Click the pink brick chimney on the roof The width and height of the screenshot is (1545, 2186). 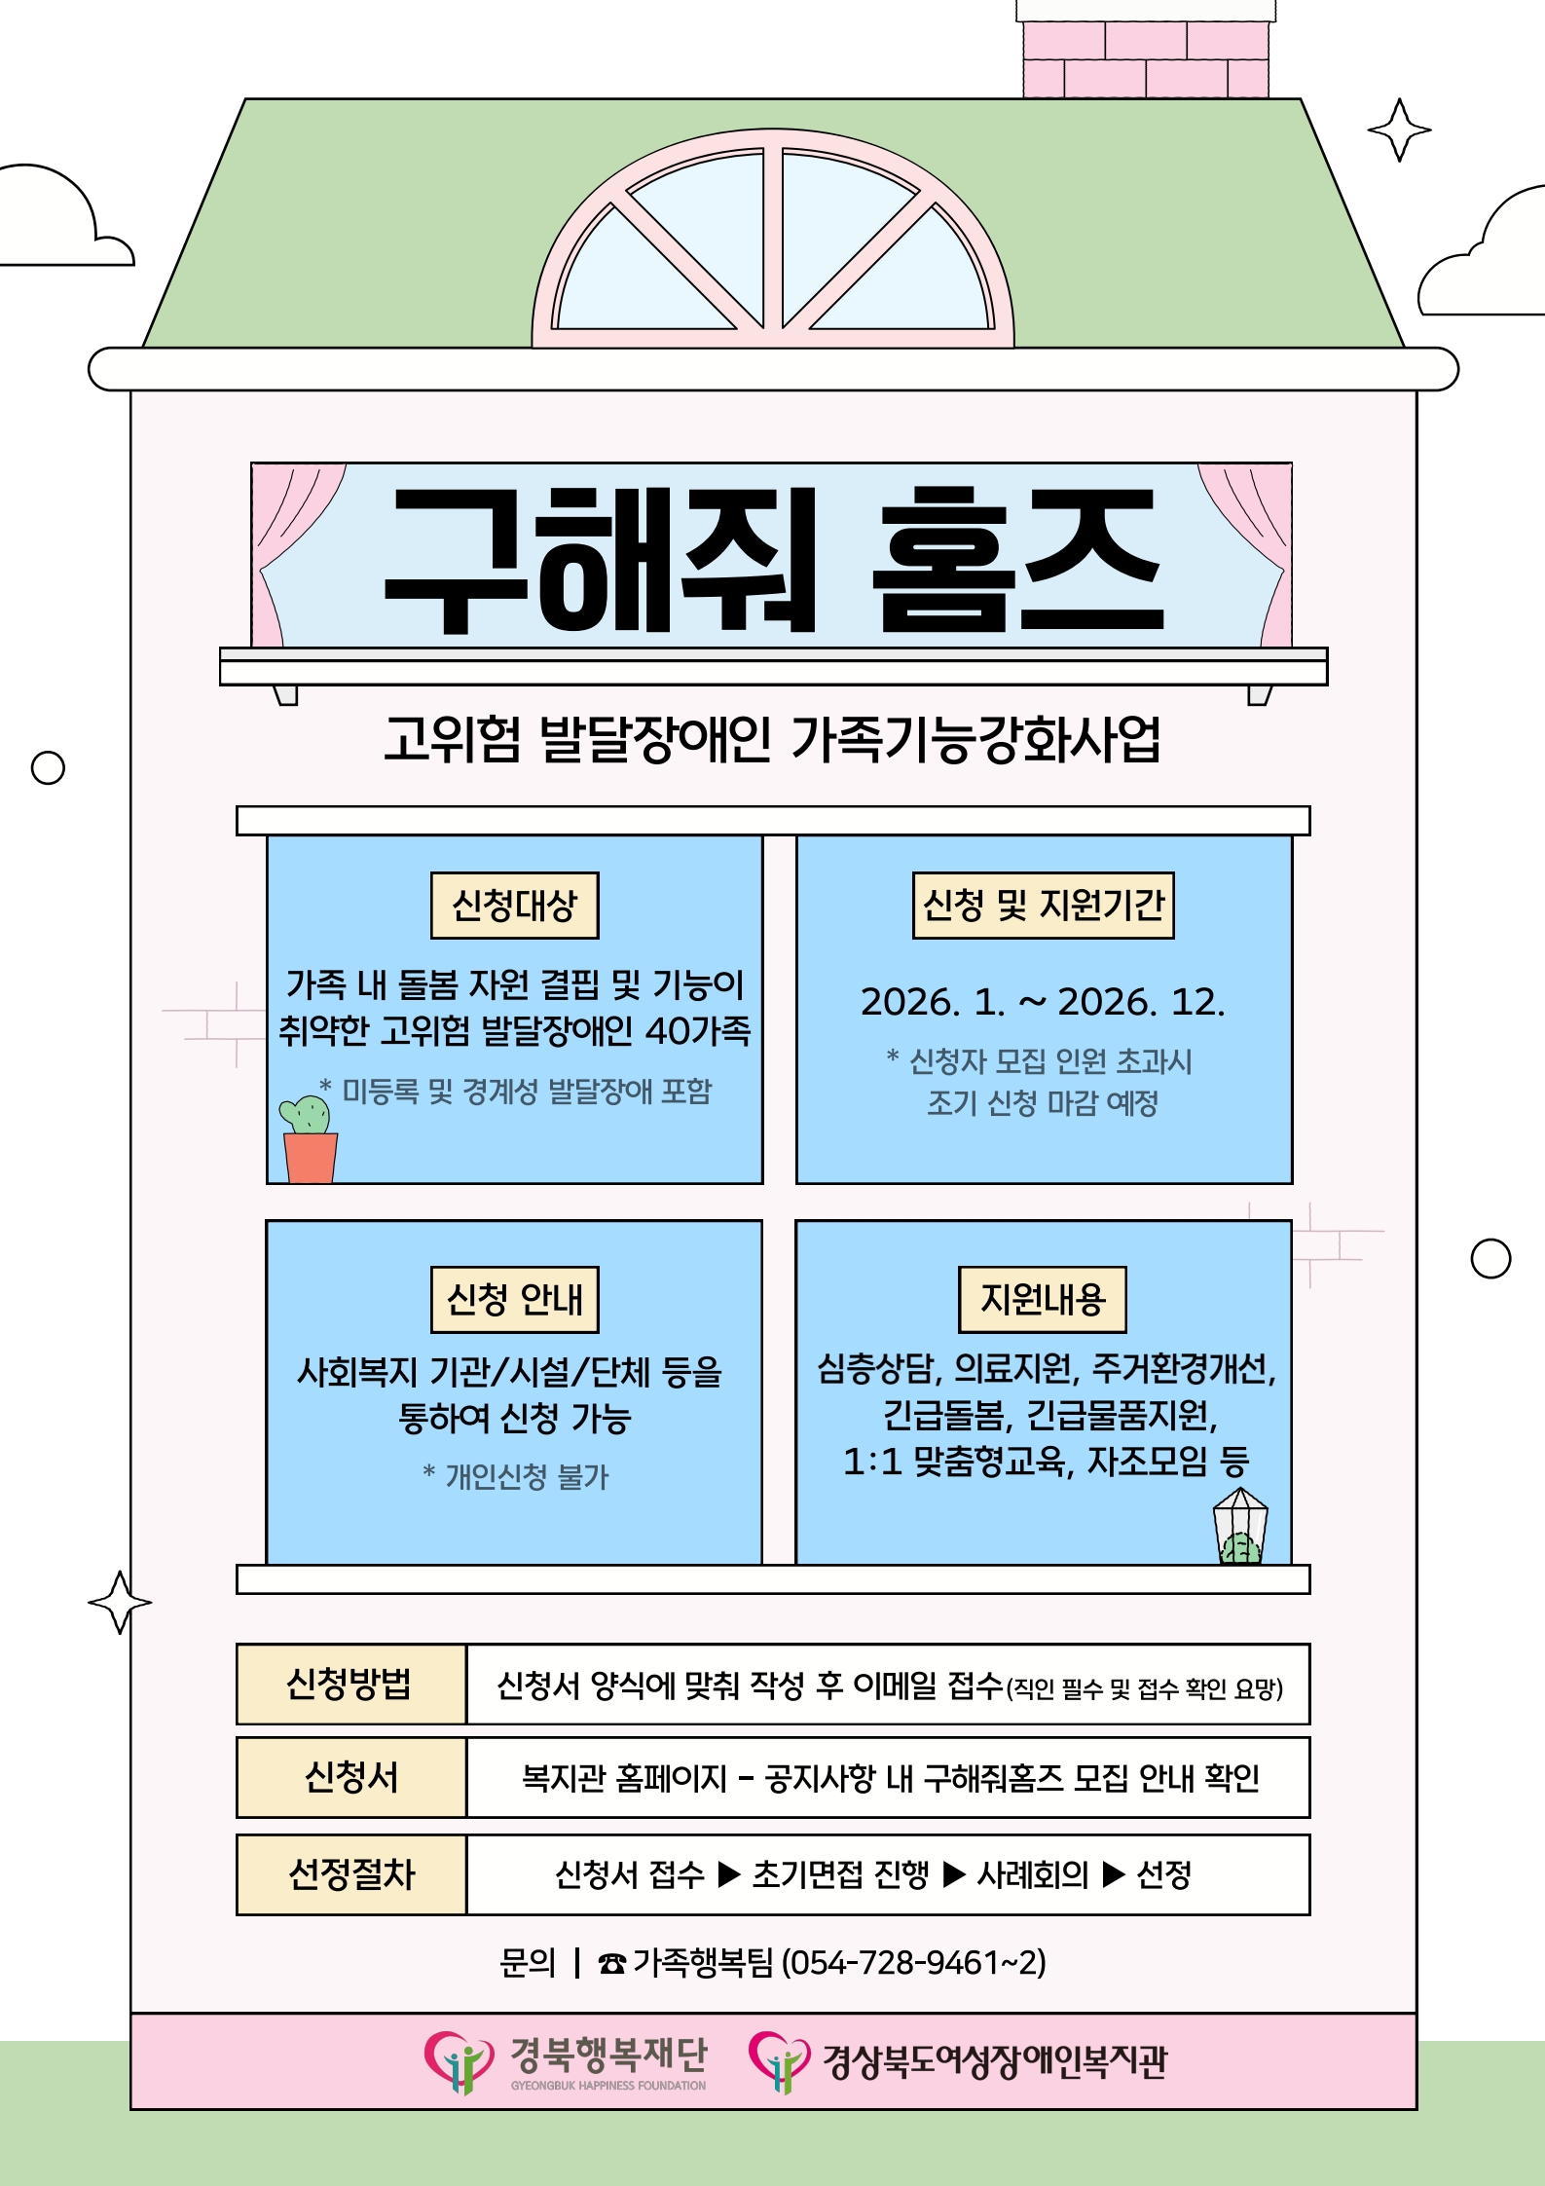[1146, 54]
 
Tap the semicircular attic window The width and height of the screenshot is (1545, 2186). [773, 243]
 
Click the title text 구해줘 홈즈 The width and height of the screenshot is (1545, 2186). [773, 559]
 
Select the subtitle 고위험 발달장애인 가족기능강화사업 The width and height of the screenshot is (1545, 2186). [773, 739]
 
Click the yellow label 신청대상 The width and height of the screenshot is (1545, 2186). [514, 906]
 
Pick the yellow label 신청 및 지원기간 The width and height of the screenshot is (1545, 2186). [1043, 906]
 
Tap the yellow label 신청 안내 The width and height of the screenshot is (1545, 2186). [514, 1299]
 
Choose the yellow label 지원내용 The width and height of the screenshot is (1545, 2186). [1043, 1299]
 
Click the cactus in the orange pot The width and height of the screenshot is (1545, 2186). [309, 1139]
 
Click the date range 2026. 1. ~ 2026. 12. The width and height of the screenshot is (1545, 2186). [1043, 1002]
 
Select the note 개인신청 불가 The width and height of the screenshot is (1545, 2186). [516, 1477]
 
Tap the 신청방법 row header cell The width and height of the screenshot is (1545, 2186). [350, 1685]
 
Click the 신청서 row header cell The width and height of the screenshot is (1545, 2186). [350, 1777]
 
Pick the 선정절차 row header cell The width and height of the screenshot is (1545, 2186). [350, 1874]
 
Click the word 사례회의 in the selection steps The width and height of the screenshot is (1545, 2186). [1032, 1874]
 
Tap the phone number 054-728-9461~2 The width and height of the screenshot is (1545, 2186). [913, 1962]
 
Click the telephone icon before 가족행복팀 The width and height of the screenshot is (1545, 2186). [611, 1963]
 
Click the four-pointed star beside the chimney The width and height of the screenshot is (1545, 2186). [1399, 130]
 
